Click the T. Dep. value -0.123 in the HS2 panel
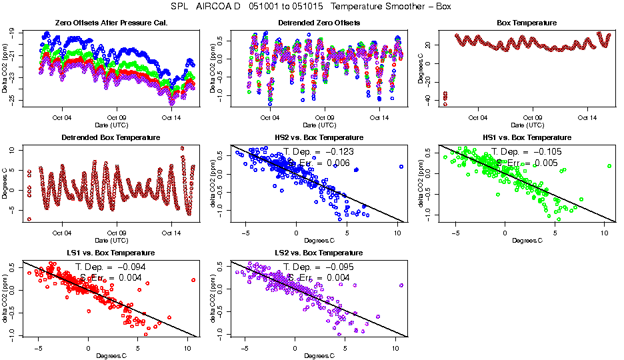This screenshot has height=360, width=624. tap(338, 151)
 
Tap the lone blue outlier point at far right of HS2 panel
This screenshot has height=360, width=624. tap(401, 167)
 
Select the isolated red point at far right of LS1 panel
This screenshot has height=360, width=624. tap(193, 280)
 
